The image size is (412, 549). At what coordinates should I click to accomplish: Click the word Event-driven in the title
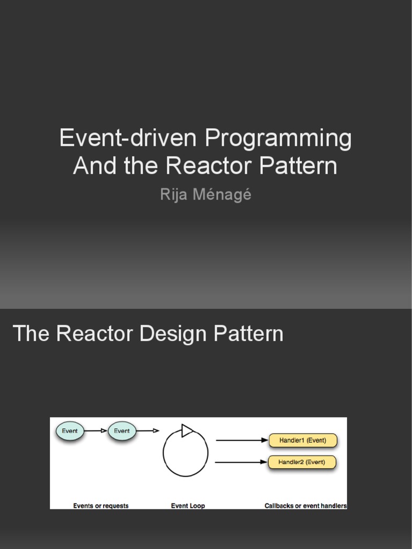(128, 138)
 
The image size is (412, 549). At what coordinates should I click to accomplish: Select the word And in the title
(94, 166)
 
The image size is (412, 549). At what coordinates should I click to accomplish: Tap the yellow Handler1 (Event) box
(303, 441)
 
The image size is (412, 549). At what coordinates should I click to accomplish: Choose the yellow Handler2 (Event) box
(303, 462)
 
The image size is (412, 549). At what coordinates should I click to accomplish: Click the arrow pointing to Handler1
(241, 441)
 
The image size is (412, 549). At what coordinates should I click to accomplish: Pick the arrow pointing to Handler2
(241, 462)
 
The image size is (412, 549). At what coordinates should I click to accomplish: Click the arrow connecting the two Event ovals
(96, 431)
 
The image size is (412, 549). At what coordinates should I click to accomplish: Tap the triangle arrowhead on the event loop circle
(187, 430)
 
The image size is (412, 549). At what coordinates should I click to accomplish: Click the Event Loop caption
(188, 506)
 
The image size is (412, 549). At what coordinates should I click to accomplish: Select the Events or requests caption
(101, 506)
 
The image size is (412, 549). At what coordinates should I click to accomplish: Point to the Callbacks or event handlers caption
(306, 506)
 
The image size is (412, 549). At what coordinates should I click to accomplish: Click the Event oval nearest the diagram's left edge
(70, 431)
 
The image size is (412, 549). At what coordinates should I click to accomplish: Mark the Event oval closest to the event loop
(122, 431)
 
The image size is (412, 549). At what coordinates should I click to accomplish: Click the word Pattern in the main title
(298, 166)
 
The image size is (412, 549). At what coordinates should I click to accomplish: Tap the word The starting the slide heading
(31, 333)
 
